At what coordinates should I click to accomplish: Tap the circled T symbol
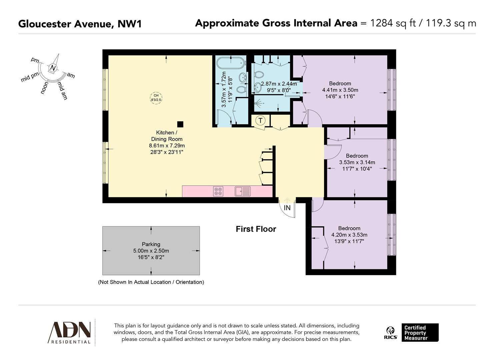point(260,120)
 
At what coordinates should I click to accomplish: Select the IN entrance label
point(287,208)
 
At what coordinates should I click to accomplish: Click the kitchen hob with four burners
point(218,191)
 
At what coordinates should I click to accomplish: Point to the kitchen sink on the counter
point(242,191)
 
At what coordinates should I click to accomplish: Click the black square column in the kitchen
point(180,124)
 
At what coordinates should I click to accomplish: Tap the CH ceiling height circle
point(156,98)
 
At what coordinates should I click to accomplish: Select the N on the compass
point(53,68)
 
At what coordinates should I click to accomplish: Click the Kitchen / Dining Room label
point(167,136)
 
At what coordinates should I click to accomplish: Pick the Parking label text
point(151,244)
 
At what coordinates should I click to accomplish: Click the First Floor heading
point(256,229)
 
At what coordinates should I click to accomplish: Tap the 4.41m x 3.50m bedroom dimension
point(340,90)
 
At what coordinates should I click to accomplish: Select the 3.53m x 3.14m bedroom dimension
point(357,162)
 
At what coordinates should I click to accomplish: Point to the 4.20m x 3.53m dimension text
point(349,235)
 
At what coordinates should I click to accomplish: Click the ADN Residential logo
point(70,332)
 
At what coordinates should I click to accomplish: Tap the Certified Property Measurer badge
point(419,333)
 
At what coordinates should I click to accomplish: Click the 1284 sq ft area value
point(393,23)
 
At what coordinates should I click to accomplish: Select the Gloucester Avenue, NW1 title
point(80,24)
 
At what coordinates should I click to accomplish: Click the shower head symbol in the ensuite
point(257,103)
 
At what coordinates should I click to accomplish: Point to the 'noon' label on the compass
point(44,88)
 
